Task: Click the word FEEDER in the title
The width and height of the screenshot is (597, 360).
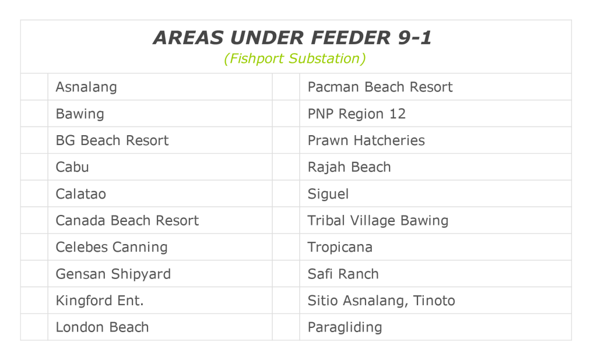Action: coord(350,38)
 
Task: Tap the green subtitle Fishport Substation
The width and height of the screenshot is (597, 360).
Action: coord(294,59)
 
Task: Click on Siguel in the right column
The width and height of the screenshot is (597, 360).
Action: coord(328,194)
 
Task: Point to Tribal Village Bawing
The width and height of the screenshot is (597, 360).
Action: coord(378,221)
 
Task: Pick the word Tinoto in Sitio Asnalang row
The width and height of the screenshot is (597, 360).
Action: coord(434,301)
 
